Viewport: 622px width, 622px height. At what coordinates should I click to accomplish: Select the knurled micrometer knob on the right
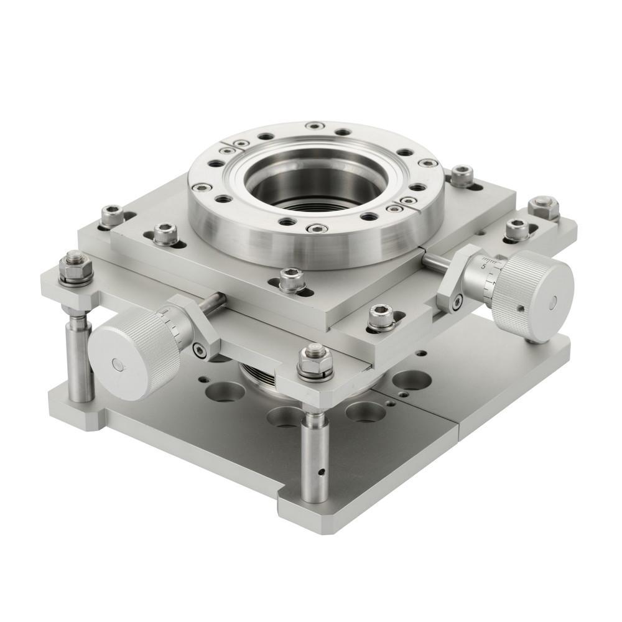[532, 295]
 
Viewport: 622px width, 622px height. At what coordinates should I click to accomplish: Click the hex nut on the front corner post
[315, 360]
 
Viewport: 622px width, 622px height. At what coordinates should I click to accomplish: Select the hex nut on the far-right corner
[543, 207]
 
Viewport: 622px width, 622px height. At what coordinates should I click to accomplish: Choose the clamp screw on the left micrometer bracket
[200, 351]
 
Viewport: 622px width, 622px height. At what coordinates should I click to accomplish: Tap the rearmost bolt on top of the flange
[315, 126]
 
